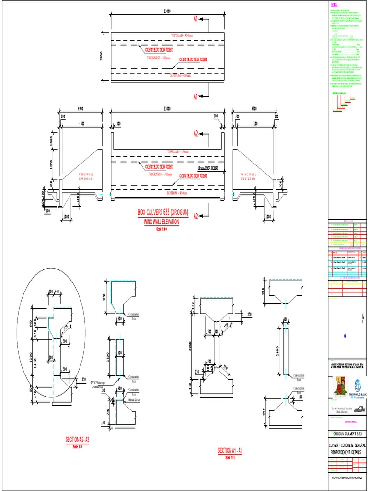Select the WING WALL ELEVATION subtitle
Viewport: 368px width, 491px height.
pos(161,222)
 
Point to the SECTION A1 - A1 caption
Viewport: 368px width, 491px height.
pos(230,451)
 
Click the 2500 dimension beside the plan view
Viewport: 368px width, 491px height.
pos(95,56)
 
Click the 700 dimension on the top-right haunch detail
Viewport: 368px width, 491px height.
pos(263,291)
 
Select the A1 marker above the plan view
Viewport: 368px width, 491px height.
pos(195,19)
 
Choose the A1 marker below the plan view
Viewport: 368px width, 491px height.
pos(195,97)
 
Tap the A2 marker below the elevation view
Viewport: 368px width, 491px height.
pos(195,216)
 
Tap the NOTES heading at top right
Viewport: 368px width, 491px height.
pos(334,4)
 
